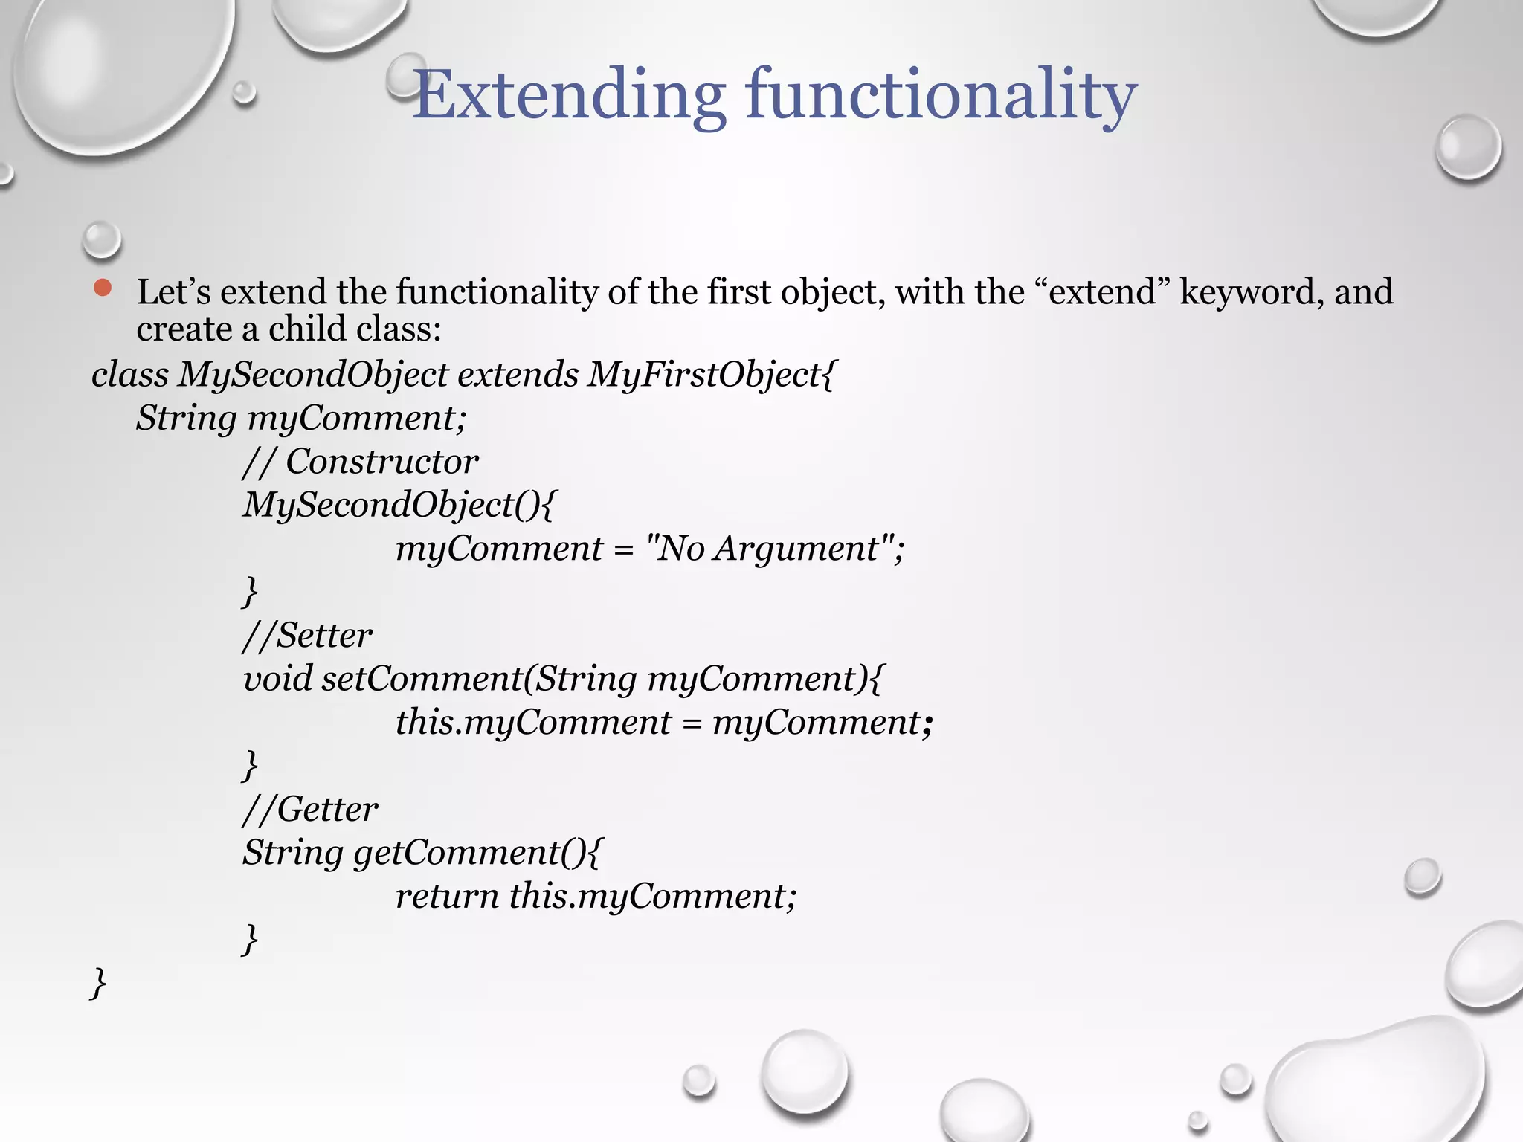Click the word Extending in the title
[569, 95]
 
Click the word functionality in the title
[941, 95]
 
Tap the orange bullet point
[103, 288]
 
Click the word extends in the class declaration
[518, 374]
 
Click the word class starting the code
[130, 374]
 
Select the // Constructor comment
[361, 462]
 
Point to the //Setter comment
[307, 636]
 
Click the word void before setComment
[278, 679]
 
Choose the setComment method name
[421, 679]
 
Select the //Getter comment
[310, 809]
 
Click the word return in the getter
[447, 896]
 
